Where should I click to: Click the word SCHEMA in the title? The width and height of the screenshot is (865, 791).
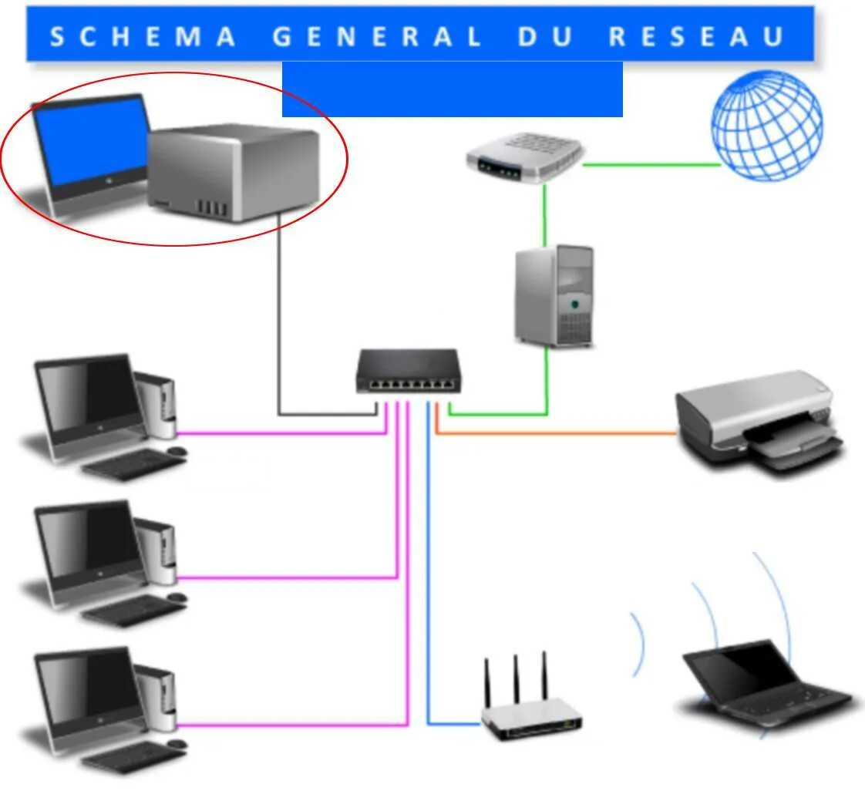click(x=143, y=36)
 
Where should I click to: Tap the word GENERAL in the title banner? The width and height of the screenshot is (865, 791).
click(x=378, y=36)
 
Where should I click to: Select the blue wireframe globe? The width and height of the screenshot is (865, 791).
click(x=766, y=126)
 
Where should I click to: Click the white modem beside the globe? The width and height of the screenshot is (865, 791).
click(x=524, y=157)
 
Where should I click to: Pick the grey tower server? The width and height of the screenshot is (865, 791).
click(x=554, y=295)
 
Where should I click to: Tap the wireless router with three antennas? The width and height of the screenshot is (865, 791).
click(x=532, y=717)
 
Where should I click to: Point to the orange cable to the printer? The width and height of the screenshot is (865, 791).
click(x=555, y=433)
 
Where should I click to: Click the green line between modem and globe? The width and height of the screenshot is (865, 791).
click(x=651, y=164)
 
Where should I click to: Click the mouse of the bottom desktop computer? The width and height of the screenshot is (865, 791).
click(x=177, y=744)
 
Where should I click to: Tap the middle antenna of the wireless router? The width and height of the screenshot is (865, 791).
click(x=516, y=678)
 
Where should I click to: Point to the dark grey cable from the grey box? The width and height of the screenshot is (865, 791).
click(x=278, y=324)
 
